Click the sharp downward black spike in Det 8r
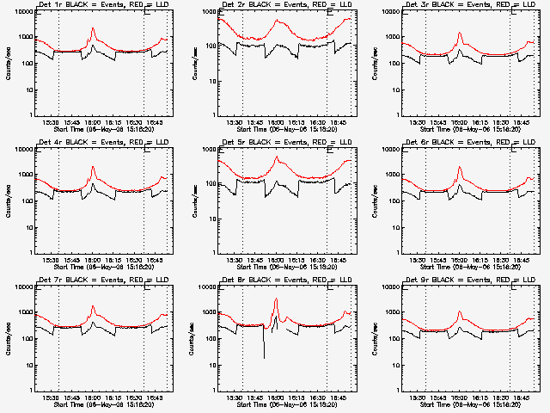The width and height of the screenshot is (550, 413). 264,356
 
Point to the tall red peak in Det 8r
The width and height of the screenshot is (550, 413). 276,299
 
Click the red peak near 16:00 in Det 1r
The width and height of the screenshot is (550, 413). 93,31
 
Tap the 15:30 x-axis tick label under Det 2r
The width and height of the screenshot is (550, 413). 235,123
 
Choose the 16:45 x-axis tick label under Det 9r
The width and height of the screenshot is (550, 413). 522,398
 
